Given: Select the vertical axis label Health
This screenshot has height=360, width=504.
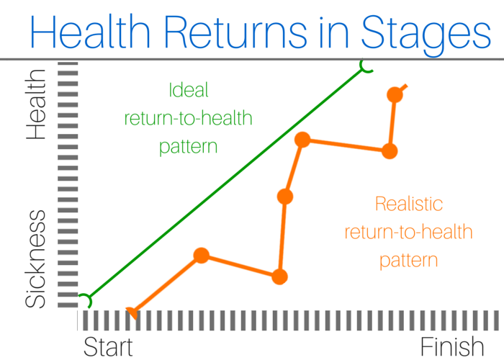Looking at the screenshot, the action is (x=36, y=104).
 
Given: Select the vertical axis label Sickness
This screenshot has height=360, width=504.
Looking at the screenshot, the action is (x=36, y=258).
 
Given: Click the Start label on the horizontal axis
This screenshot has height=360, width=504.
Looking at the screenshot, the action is (x=108, y=346).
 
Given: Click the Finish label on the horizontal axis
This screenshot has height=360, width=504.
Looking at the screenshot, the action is (x=452, y=346).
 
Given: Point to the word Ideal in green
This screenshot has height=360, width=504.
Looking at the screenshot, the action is (x=189, y=90).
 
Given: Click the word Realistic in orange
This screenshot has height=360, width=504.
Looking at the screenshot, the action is (x=409, y=204).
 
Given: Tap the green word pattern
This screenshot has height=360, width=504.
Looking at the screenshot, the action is (x=189, y=147).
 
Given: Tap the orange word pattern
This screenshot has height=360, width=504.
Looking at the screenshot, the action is (x=408, y=261).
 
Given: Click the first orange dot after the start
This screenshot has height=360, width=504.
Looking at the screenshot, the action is (x=202, y=256).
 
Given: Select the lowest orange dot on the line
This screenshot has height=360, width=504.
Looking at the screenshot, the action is (x=279, y=276).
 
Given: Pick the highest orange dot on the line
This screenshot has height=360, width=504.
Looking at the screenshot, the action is (x=395, y=95).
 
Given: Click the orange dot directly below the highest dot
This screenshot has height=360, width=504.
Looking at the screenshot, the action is (x=390, y=151).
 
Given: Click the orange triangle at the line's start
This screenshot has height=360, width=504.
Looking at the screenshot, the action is (x=132, y=312).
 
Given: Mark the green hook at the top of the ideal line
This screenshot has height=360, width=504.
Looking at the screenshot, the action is (x=366, y=66).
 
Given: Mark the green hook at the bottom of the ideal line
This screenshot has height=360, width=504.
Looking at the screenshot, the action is (x=87, y=300).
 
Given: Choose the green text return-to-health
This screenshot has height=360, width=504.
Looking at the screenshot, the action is (x=189, y=118).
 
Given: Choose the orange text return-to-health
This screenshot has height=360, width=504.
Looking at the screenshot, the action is (x=408, y=232).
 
